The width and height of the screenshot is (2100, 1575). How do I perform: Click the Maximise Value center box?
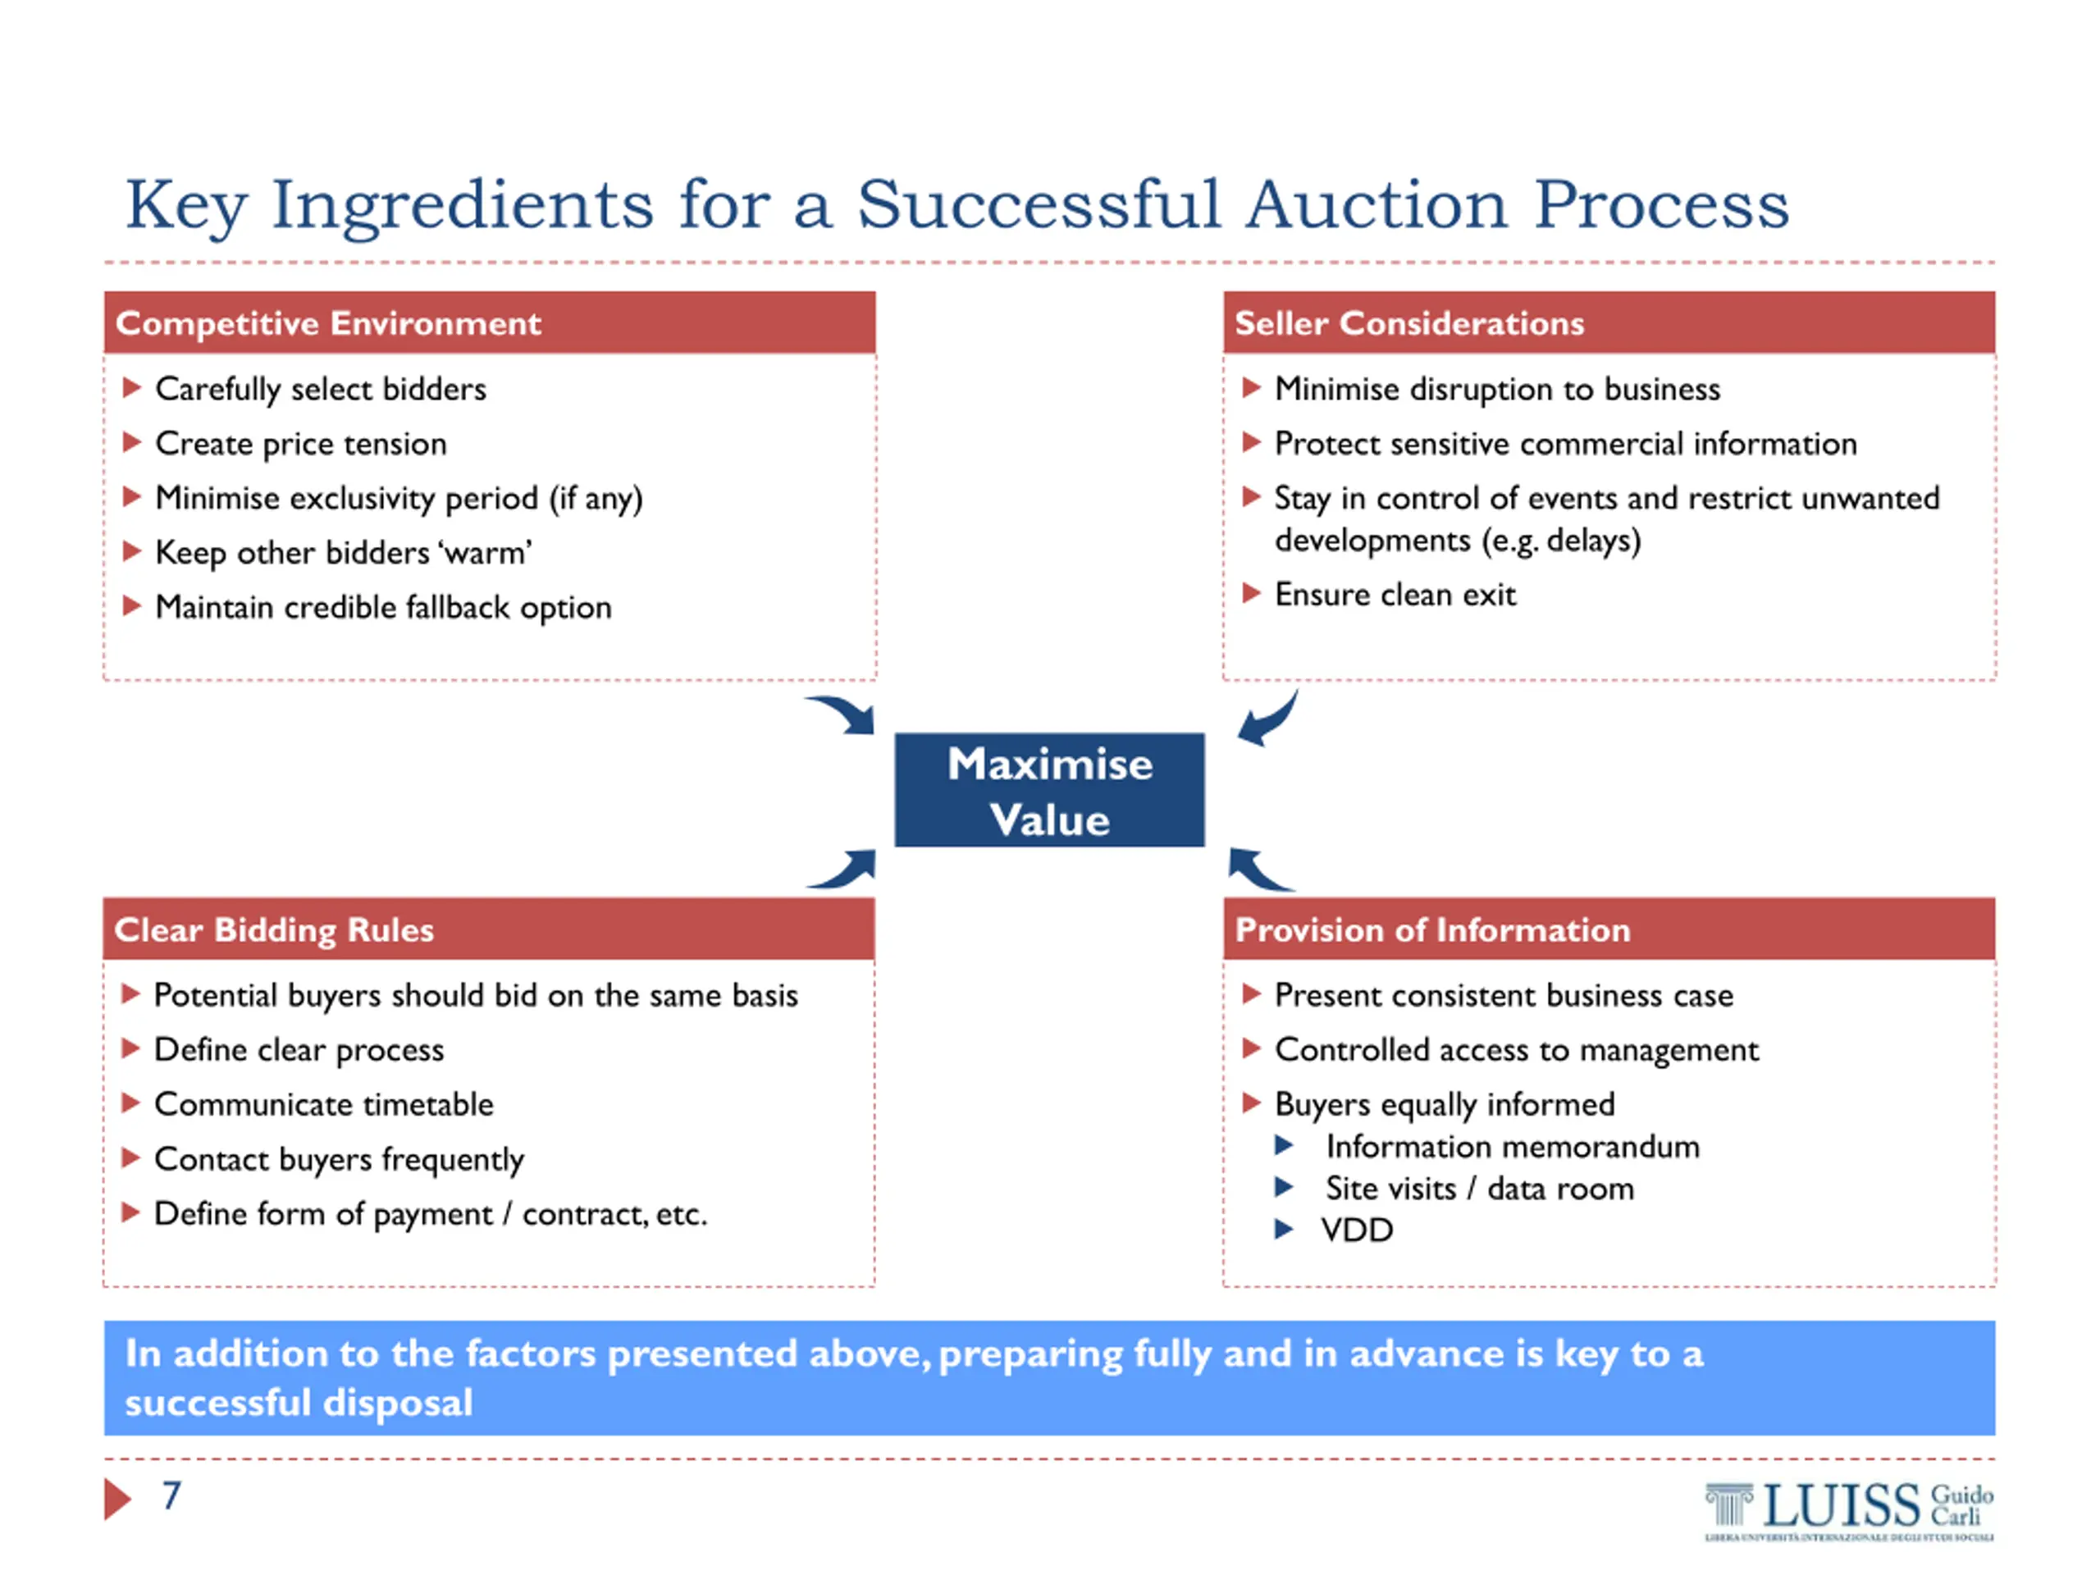click(x=1049, y=790)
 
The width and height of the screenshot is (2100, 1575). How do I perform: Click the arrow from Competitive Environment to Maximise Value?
click(x=844, y=714)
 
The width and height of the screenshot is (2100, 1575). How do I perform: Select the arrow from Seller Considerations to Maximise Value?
click(x=1268, y=719)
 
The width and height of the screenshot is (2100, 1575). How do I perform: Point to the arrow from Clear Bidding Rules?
click(x=845, y=869)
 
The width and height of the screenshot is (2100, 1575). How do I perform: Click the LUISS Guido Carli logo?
click(x=1847, y=1509)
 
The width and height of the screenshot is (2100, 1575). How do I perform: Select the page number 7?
click(x=171, y=1496)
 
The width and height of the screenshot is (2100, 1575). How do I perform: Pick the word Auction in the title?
click(x=1376, y=205)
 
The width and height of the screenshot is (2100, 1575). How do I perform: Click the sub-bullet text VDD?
click(x=1357, y=1230)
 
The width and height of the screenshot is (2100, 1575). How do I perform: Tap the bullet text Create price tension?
click(x=301, y=445)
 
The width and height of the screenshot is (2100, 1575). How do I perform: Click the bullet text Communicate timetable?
click(x=324, y=1105)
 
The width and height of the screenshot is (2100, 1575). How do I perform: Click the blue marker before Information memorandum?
click(x=1284, y=1146)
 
